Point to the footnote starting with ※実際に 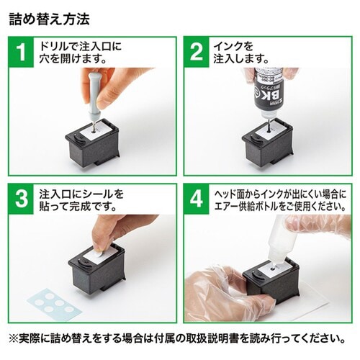tap(179, 338)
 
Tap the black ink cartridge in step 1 tap(97, 144)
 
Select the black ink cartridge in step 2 tap(270, 148)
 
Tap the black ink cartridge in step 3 tap(97, 270)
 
